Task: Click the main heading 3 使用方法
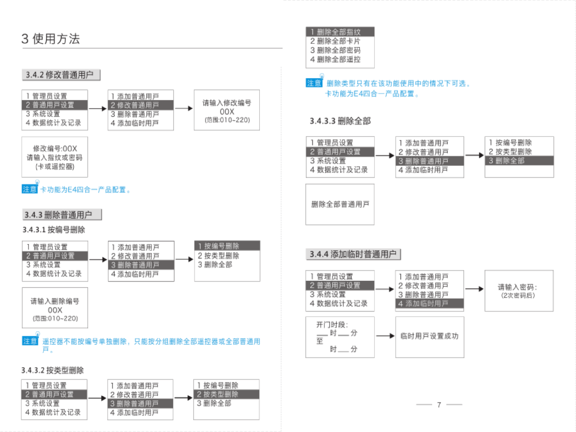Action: [x=50, y=39]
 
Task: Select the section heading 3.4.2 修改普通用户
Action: [x=60, y=75]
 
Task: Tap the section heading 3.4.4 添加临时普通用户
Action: [x=353, y=254]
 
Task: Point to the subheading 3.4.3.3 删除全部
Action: [x=340, y=121]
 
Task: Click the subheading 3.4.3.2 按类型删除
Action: [x=52, y=370]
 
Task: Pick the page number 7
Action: [x=439, y=405]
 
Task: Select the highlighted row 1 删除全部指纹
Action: [x=340, y=32]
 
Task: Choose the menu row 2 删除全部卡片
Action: [x=335, y=41]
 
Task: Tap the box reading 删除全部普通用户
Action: [x=340, y=204]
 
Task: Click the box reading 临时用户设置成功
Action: [x=429, y=336]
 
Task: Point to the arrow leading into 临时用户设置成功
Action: [x=385, y=336]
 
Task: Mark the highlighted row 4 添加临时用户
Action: [x=429, y=304]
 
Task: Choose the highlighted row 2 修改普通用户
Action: [x=140, y=105]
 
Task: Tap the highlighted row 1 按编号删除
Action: [x=227, y=246]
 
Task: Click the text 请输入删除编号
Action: [x=55, y=301]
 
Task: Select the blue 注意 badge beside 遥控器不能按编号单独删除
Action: [x=30, y=341]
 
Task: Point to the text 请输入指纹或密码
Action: [x=55, y=157]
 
